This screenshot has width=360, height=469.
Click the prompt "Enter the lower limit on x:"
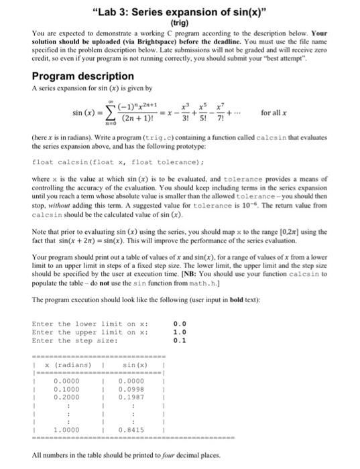[84, 324]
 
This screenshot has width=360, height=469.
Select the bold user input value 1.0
[180, 333]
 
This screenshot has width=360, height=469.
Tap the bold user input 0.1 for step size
[180, 341]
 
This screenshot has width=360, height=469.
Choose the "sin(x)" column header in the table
[129, 365]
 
